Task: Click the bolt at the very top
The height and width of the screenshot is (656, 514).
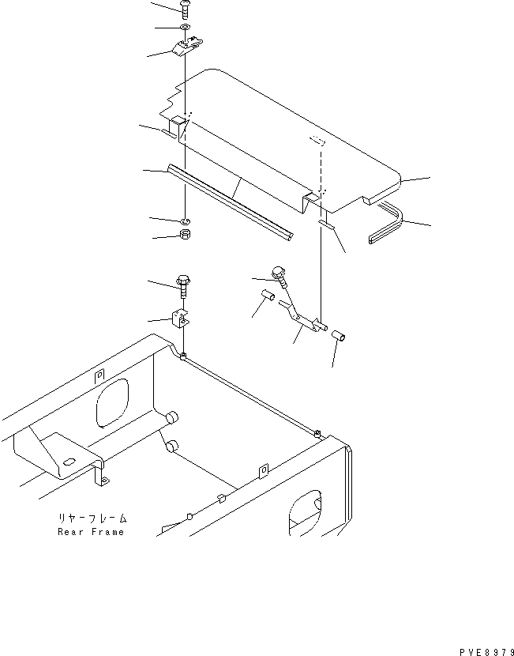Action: [x=185, y=11]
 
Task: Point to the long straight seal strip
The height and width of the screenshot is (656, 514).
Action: [x=229, y=202]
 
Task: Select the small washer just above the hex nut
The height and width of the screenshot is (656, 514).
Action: [x=183, y=219]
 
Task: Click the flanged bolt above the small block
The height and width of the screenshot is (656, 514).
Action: [x=183, y=285]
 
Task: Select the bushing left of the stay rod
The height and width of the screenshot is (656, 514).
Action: [x=268, y=297]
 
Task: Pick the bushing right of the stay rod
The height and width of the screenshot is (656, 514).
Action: [x=340, y=337]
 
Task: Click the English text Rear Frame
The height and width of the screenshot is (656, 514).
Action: [x=92, y=532]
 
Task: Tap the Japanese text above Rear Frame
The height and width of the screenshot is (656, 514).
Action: [x=92, y=519]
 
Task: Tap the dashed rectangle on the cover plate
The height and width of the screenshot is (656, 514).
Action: [x=318, y=141]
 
